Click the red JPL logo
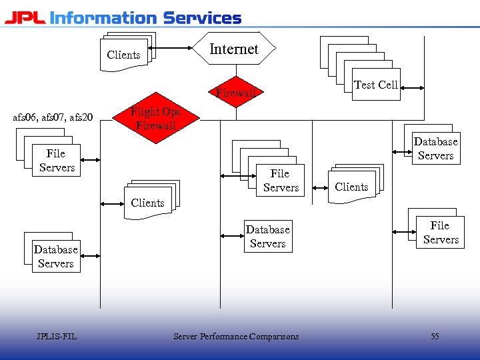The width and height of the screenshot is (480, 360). coord(25,17)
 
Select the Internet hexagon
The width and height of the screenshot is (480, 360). coord(233,49)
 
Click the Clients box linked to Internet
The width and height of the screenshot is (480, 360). coord(124,54)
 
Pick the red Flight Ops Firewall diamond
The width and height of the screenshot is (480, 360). coord(155,118)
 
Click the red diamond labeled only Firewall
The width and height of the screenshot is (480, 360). coord(235,93)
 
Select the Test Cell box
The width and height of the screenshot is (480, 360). coord(376,85)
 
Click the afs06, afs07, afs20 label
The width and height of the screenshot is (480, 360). coord(53,118)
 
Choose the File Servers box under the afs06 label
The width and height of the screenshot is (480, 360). coord(57,161)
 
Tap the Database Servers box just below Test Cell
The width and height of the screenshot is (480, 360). coord(435,149)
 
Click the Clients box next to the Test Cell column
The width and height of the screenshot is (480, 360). coord(351,187)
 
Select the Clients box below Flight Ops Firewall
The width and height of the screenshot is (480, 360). coord(147,203)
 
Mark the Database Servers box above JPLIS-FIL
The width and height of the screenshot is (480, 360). coord(56,257)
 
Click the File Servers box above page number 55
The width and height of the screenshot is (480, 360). coord(440,233)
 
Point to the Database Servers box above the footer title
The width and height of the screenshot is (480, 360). coord(267,237)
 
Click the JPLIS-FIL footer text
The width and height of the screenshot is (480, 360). coord(57,337)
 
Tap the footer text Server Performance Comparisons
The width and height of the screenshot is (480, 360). coord(236,337)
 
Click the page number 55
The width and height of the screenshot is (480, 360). coord(435,337)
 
